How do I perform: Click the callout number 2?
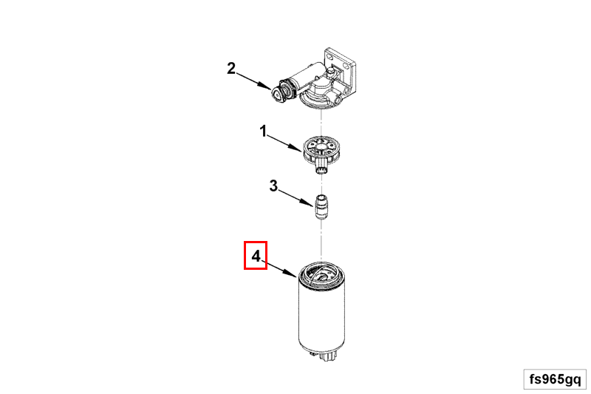click(231, 68)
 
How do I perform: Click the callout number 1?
click(263, 132)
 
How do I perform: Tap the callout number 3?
click(273, 186)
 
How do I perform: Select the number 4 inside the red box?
click(256, 257)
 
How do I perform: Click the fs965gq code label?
click(556, 379)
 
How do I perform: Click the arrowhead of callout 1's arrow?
click(298, 148)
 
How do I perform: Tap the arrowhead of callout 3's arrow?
click(308, 203)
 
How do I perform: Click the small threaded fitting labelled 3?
click(321, 207)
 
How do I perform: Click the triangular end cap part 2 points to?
click(279, 93)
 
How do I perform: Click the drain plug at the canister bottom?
click(327, 355)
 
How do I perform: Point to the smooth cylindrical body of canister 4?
click(321, 316)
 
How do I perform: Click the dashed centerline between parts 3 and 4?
click(321, 240)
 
